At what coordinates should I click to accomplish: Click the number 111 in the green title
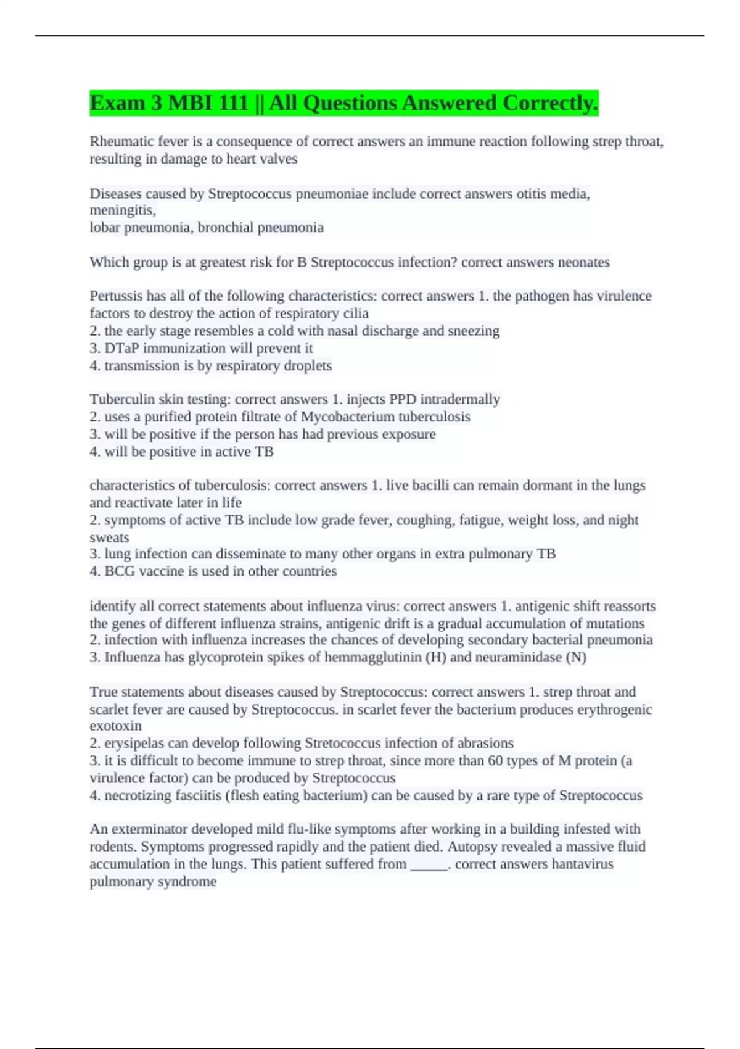232,103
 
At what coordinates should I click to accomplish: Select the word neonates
583,262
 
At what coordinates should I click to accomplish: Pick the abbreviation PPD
402,400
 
